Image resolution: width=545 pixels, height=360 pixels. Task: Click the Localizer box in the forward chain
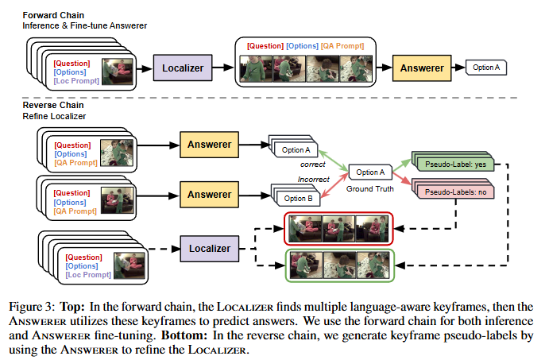(x=184, y=68)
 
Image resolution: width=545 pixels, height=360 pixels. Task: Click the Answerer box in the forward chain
(x=421, y=68)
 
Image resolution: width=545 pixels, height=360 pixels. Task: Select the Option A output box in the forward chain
(x=486, y=68)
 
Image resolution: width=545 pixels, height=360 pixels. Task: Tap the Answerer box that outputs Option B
(x=209, y=193)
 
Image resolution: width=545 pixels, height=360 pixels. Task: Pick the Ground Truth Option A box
(x=370, y=172)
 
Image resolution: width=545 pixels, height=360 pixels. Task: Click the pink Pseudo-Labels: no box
(x=450, y=192)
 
